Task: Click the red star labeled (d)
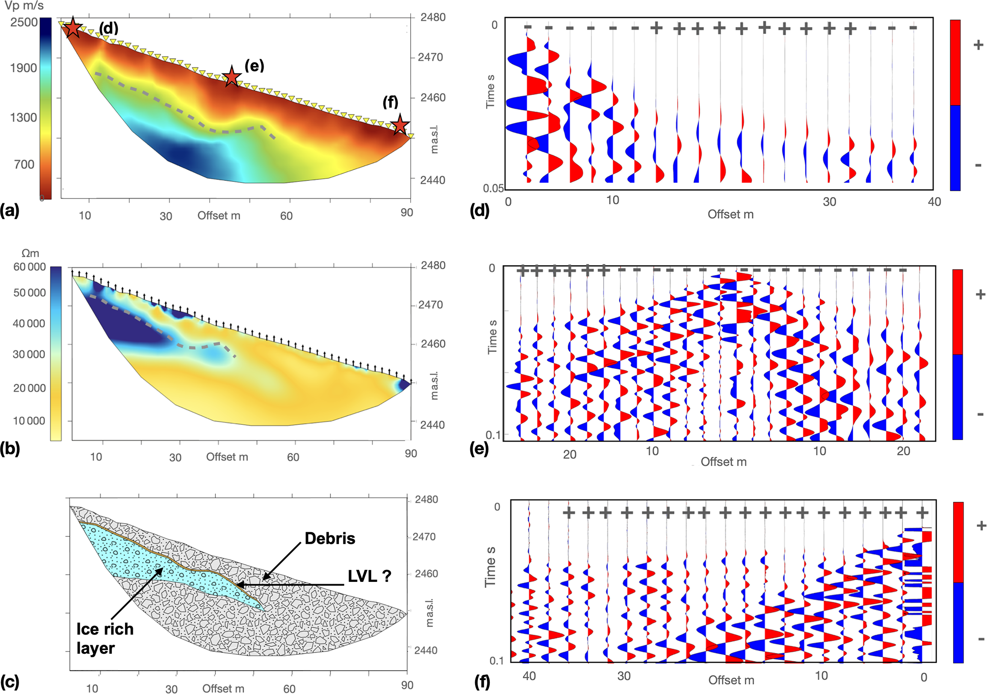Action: pos(72,28)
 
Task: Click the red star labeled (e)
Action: pos(232,76)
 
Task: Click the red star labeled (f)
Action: pos(400,125)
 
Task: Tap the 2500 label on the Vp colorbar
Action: pos(24,22)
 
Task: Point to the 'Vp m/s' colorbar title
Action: pos(24,6)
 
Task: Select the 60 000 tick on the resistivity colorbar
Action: pos(30,267)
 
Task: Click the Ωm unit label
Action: pos(31,253)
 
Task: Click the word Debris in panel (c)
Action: pos(329,538)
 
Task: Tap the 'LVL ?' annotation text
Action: pos(369,576)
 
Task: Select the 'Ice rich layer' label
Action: pos(105,639)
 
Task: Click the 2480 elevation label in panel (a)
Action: pos(433,18)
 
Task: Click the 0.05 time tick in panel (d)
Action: pos(493,189)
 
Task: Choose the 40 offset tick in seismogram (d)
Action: pos(934,202)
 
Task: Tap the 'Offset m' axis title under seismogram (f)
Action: pos(731,680)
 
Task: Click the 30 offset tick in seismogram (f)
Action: pos(624,676)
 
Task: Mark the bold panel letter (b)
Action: pos(10,449)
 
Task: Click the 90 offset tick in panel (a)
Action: pos(406,213)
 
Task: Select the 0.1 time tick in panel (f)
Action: pos(497,661)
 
